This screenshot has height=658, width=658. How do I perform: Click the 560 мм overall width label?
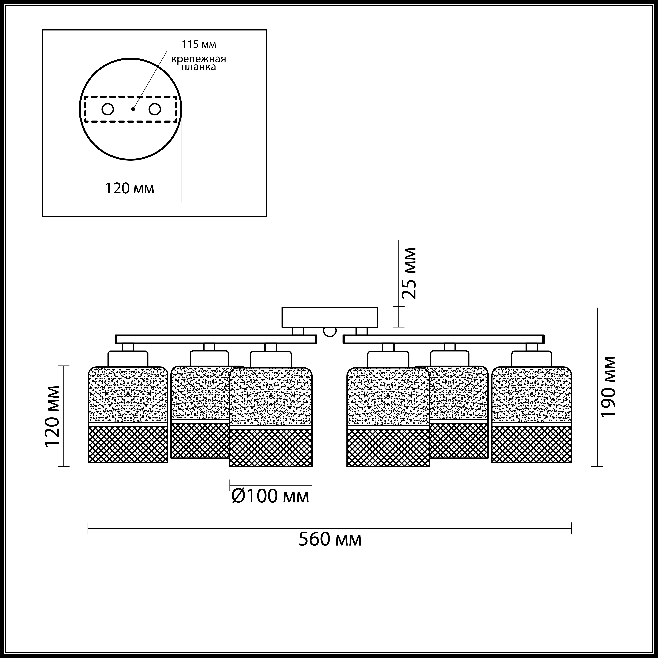click(x=330, y=540)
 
